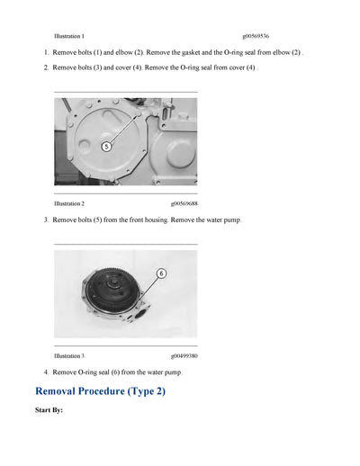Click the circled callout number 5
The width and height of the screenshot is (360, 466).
click(106, 146)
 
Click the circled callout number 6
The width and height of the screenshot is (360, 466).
click(162, 272)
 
